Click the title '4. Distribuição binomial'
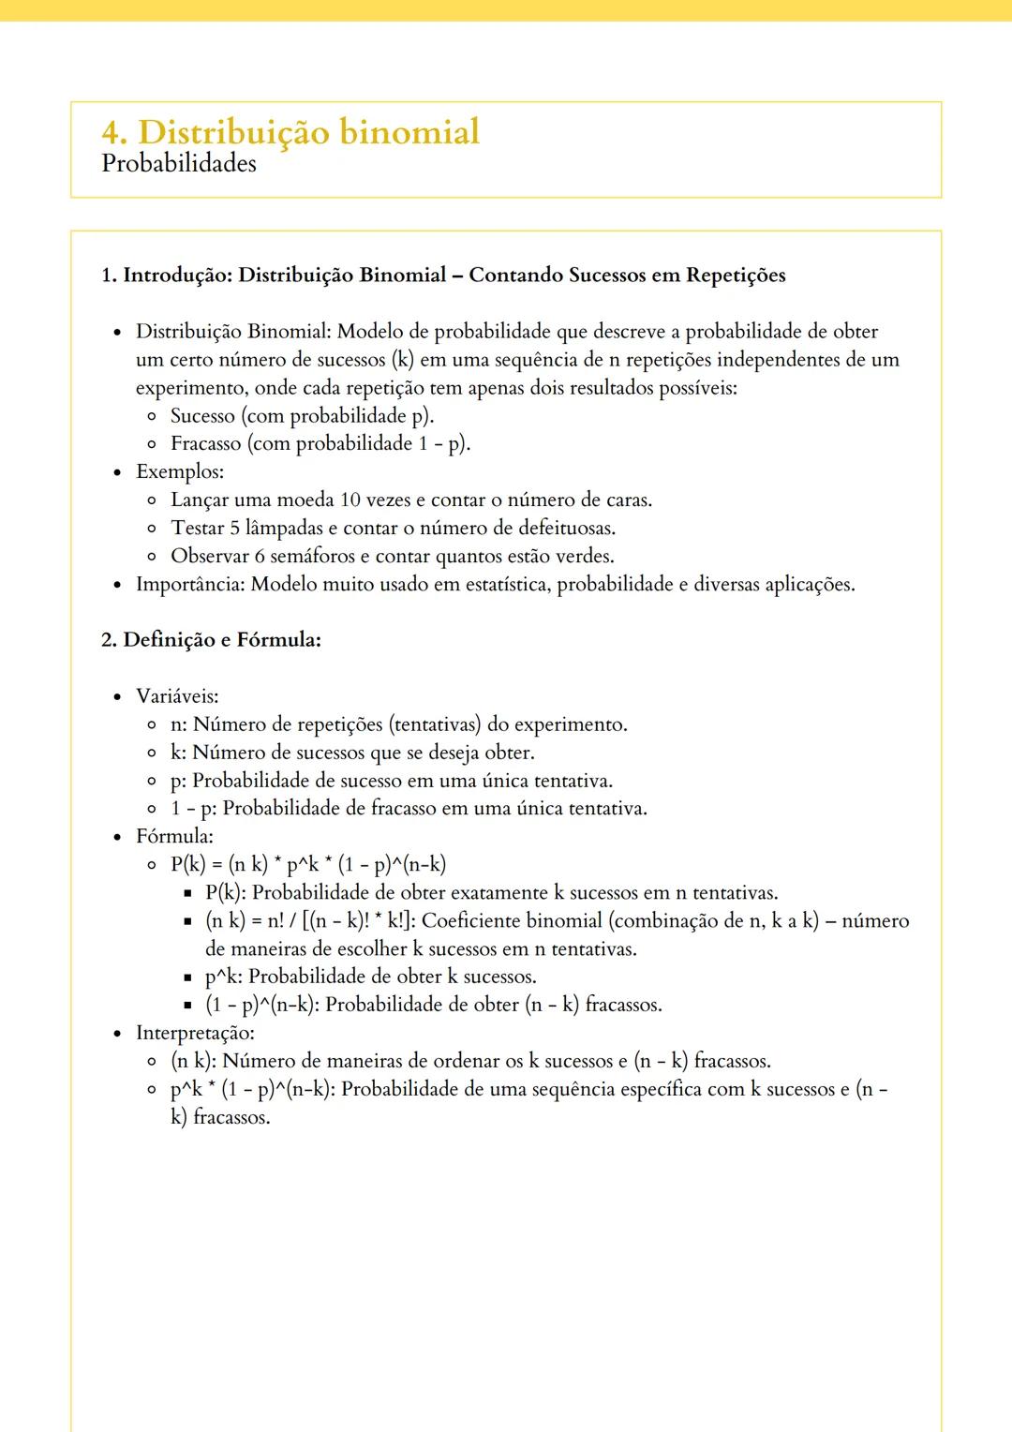(x=290, y=131)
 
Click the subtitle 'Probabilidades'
(x=178, y=163)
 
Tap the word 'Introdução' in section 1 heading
(x=177, y=276)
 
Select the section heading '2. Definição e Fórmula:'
(x=211, y=640)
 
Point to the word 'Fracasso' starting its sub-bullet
(x=206, y=443)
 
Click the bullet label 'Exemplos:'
(x=180, y=471)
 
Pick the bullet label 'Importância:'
(x=190, y=584)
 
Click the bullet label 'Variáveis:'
(x=177, y=696)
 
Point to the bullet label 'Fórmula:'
(x=174, y=836)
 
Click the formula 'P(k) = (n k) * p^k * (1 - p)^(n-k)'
(x=308, y=864)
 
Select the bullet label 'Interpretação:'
(x=195, y=1033)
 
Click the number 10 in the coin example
(x=350, y=500)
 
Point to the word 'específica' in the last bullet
(x=634, y=1089)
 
